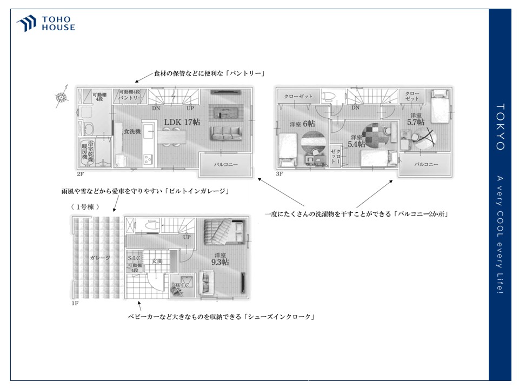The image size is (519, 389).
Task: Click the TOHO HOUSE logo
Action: (x=45, y=24)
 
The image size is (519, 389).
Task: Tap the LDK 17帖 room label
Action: (x=182, y=123)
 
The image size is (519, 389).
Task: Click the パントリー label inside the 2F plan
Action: (x=130, y=98)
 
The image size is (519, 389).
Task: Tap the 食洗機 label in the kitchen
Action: (x=131, y=131)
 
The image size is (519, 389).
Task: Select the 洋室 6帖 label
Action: (x=302, y=124)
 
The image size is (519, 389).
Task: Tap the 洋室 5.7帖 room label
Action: (x=416, y=119)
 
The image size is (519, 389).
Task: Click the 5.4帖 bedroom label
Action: (x=355, y=141)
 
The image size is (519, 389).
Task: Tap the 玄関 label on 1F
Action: (x=157, y=260)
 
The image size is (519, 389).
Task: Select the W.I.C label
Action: (x=181, y=286)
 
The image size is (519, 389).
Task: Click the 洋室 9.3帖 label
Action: (x=220, y=259)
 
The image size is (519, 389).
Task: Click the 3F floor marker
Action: (x=280, y=174)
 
